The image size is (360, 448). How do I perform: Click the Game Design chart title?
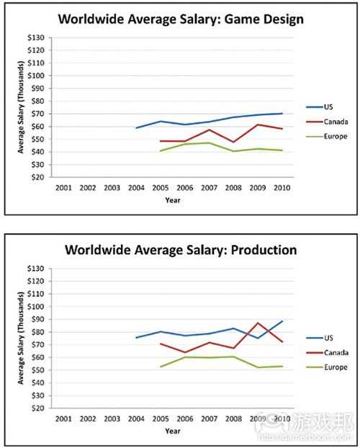(x=180, y=19)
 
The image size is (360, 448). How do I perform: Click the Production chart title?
(x=180, y=250)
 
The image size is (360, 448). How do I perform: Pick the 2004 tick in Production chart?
(x=135, y=418)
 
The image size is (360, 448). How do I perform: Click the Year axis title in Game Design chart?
(x=172, y=200)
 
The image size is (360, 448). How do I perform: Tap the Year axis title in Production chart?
(x=172, y=431)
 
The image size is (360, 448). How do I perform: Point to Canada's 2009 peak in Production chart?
(x=258, y=323)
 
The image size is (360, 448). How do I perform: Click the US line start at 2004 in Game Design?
(x=136, y=127)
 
